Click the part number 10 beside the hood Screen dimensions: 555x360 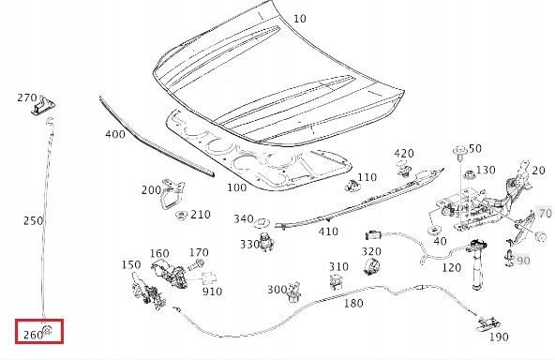click(300, 19)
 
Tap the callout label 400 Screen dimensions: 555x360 click(115, 134)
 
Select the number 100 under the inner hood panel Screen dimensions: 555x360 click(236, 187)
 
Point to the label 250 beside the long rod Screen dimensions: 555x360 click(33, 220)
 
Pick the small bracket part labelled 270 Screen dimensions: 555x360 click(43, 106)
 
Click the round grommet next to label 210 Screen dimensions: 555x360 click(182, 215)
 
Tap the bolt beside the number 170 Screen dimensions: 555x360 click(195, 264)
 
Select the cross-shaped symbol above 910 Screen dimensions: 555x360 click(208, 278)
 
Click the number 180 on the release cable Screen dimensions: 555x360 click(353, 303)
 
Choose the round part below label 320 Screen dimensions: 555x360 click(371, 266)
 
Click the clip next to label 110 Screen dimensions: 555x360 click(352, 185)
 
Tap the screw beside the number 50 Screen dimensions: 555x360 click(459, 152)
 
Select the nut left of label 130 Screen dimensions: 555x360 click(470, 174)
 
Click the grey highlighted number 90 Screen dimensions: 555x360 click(523, 261)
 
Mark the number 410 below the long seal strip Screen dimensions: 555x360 click(328, 232)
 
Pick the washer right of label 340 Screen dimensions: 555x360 click(262, 223)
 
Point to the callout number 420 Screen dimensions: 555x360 click(404, 153)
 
